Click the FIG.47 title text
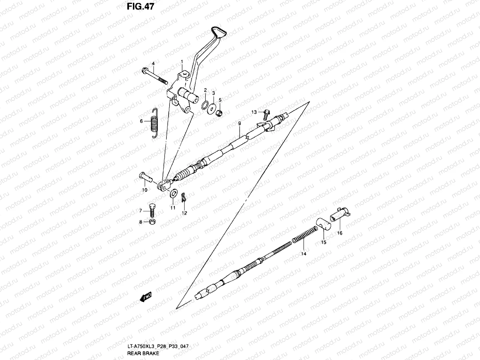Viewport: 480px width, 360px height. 140,7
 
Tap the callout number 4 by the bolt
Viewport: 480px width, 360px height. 153,64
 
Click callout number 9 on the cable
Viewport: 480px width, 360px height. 239,123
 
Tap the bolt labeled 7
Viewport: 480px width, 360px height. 151,210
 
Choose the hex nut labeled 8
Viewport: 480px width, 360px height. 152,222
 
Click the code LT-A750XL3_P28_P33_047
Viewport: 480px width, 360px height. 158,346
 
